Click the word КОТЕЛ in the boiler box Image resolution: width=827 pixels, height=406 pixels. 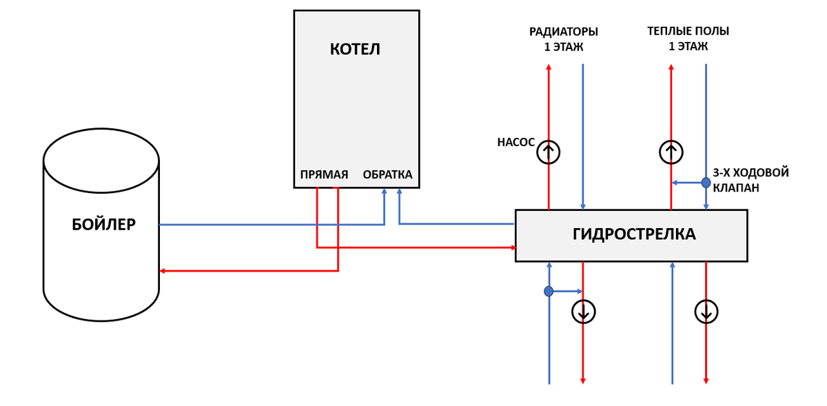[355, 49]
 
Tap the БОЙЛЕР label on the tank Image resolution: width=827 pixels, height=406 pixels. [104, 225]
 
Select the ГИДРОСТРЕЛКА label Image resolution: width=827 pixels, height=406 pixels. [634, 234]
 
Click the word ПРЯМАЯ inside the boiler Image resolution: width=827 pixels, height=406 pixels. [324, 174]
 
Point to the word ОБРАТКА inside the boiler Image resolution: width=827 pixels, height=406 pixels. [387, 174]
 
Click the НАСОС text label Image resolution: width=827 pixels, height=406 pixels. [515, 142]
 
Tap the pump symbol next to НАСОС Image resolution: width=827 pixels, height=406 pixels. [549, 152]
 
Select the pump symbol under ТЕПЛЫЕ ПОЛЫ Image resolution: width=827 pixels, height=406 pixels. [671, 152]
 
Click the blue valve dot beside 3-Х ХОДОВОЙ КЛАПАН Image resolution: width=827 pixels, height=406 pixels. [706, 183]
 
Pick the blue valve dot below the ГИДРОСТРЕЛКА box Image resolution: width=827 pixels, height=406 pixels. [549, 292]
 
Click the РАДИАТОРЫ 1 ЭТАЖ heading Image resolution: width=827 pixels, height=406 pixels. [564, 39]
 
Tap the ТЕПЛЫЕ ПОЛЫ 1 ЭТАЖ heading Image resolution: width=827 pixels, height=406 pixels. [688, 39]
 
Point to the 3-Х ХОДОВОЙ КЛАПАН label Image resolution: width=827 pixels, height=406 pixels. [751, 180]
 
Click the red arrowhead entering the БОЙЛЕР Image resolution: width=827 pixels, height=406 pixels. [162, 271]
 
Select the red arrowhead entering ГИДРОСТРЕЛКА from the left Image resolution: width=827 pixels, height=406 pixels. [513, 247]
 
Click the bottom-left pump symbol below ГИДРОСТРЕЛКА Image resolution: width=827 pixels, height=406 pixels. [583, 312]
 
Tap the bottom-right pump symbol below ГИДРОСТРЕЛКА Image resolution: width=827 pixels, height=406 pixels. [706, 312]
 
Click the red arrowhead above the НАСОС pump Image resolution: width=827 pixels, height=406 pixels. [549, 67]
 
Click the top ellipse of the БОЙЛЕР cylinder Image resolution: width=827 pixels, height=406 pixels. [101, 161]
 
